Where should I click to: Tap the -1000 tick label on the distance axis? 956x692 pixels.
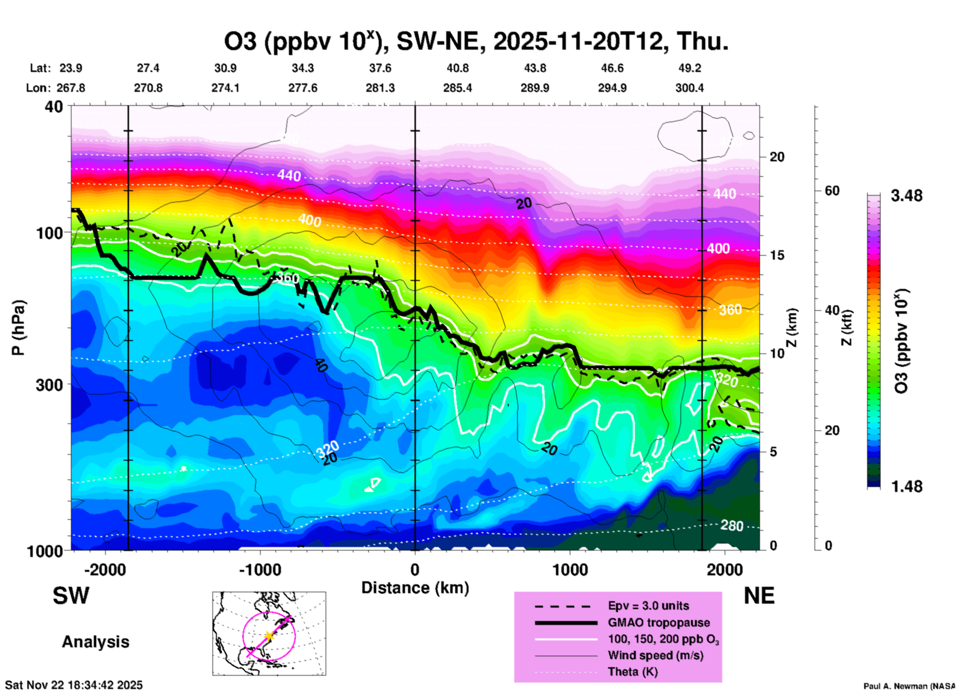click(x=260, y=569)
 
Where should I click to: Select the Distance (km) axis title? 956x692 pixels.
click(x=415, y=588)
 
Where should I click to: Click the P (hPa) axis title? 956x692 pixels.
click(x=18, y=328)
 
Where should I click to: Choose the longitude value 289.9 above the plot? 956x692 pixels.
click(x=535, y=88)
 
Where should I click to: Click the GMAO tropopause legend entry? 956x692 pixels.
click(x=659, y=623)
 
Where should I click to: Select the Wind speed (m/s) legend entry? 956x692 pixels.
click(x=655, y=655)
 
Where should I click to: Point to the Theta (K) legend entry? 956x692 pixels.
click(x=632, y=672)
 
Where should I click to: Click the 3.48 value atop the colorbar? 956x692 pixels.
click(x=906, y=196)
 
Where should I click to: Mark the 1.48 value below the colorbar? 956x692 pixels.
click(x=906, y=486)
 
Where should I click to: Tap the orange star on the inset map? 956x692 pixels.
click(x=269, y=636)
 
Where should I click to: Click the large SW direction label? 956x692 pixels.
click(x=71, y=596)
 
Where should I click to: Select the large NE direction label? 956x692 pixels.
click(x=759, y=596)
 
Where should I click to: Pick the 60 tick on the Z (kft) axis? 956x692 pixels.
click(x=832, y=191)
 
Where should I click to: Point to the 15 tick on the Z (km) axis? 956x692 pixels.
click(x=777, y=255)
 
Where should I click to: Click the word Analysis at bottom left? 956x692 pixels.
click(x=95, y=642)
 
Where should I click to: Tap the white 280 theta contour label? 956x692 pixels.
click(x=732, y=525)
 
